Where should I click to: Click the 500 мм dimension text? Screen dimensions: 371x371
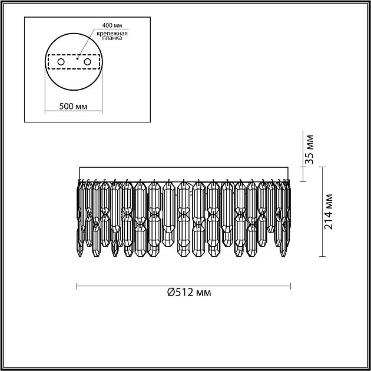click(74, 107)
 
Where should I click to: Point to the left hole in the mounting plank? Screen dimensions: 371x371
click(60, 61)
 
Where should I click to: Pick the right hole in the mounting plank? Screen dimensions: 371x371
click(88, 61)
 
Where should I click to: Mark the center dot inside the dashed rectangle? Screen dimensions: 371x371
click(78, 59)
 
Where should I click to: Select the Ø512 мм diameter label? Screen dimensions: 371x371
click(188, 293)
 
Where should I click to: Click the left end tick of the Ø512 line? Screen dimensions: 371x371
click(78, 287)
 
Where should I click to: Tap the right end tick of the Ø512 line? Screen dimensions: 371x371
click(291, 287)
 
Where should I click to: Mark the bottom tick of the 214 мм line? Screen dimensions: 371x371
click(322, 256)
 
